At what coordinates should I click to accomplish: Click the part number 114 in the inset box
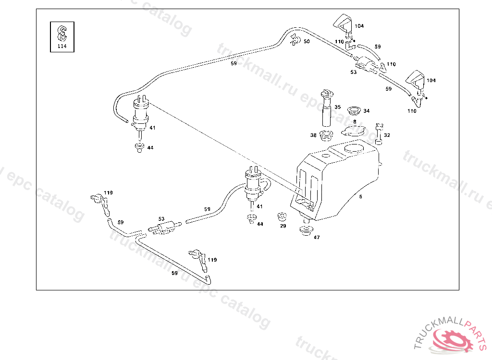click(x=62, y=47)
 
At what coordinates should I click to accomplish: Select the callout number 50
click(x=307, y=41)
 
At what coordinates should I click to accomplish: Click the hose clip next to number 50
click(x=295, y=41)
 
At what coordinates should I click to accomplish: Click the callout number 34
click(x=367, y=111)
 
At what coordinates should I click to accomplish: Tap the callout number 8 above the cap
click(x=355, y=122)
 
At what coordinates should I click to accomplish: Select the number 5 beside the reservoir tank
click(x=360, y=196)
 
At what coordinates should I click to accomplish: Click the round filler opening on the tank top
click(x=354, y=148)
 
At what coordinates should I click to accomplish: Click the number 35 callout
click(x=338, y=107)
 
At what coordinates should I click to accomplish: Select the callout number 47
click(x=317, y=237)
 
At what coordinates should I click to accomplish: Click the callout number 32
click(x=387, y=135)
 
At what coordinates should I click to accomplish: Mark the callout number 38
click(x=313, y=135)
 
